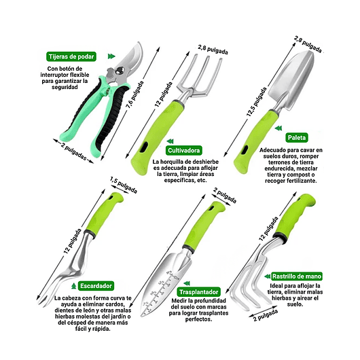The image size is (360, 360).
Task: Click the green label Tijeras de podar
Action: click(x=71, y=56)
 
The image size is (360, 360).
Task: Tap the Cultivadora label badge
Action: click(x=184, y=150)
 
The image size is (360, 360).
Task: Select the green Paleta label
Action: click(x=297, y=137)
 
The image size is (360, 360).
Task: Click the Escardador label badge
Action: click(x=96, y=286)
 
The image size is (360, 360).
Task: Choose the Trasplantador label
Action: click(x=198, y=292)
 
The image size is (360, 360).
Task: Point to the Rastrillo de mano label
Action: click(x=297, y=276)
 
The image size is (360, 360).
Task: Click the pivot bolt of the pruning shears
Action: click(x=120, y=70)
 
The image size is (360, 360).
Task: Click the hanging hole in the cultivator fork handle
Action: click(x=145, y=147)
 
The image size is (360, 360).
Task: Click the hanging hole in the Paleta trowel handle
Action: click(x=245, y=149)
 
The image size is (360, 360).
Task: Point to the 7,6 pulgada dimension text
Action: click(x=135, y=94)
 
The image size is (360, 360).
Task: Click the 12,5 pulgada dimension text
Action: click(x=257, y=102)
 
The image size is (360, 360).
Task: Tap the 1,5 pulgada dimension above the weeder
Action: click(x=124, y=185)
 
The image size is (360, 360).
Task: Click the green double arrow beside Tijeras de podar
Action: click(x=111, y=56)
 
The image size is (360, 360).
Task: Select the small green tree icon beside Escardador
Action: click(x=73, y=286)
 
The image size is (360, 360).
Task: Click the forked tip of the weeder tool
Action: click(x=43, y=301)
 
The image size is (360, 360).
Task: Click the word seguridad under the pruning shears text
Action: click(x=65, y=87)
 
